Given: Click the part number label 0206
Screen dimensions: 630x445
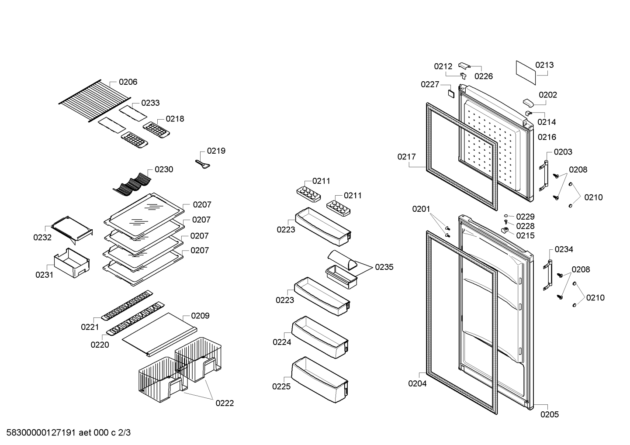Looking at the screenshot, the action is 128,82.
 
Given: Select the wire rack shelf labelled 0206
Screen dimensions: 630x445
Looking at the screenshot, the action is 95,100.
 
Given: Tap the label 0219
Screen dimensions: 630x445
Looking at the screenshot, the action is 216,151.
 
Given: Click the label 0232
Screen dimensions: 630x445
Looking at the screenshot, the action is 42,238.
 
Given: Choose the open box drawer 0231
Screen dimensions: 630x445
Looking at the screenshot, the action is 72,263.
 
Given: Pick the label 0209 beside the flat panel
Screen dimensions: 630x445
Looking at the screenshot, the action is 200,316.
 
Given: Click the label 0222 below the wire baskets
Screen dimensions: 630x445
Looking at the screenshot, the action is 225,404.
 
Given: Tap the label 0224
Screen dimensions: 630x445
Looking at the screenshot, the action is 282,342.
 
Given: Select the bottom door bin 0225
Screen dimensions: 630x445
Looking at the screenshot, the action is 320,380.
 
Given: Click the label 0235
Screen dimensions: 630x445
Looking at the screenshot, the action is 384,267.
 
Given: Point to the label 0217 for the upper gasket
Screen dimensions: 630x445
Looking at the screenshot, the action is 406,157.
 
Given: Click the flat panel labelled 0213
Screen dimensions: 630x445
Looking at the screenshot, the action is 526,72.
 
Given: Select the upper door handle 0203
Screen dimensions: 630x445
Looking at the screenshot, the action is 544,176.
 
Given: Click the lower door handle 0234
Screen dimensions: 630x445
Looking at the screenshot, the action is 547,275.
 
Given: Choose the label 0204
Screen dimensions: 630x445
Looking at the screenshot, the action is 417,383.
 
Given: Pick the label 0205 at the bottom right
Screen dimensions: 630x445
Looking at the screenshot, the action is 550,414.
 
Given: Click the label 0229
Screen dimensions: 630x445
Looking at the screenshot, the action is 526,217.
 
